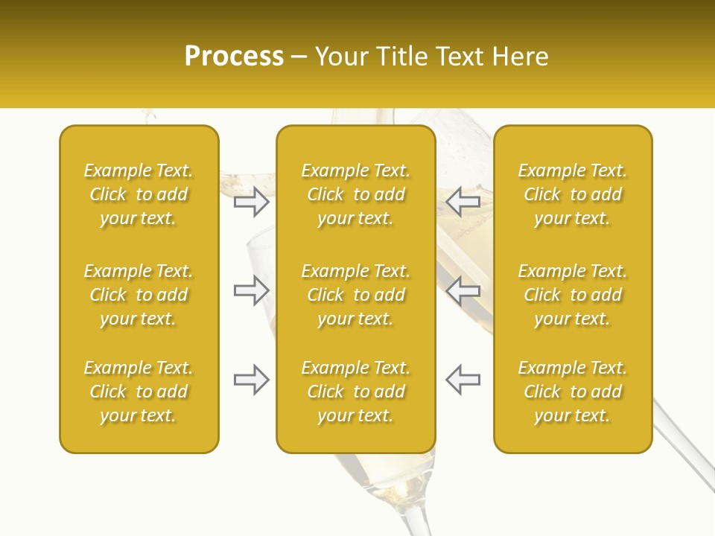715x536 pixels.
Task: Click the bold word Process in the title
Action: coord(234,57)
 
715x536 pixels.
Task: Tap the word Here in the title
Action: coord(521,57)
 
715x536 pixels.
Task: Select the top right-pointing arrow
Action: coord(251,201)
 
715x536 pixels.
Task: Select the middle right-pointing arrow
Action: coord(251,290)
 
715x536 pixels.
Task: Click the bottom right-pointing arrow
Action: coord(251,380)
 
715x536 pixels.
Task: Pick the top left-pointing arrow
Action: coord(463,201)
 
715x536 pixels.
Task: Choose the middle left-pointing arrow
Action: coord(463,290)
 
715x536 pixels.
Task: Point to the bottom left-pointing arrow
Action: coord(463,380)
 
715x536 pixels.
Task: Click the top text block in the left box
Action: coord(139,194)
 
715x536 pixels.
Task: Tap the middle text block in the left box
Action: coord(139,295)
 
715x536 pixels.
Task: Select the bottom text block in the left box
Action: coord(139,392)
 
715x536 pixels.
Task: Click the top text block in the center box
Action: coord(355,194)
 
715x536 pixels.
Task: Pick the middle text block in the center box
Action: coord(355,295)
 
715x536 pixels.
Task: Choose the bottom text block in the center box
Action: coord(355,392)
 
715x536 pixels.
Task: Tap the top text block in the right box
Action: coord(572,194)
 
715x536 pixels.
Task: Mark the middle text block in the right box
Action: coord(572,295)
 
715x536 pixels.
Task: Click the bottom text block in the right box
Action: coord(572,392)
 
